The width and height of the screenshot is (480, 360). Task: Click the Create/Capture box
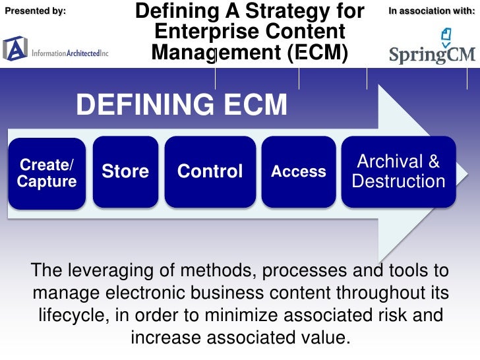point(47,173)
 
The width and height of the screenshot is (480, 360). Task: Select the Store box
point(125,171)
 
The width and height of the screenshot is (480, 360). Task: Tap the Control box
point(210,171)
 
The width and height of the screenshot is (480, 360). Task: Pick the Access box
point(299,171)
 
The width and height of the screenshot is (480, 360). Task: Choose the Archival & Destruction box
point(398,171)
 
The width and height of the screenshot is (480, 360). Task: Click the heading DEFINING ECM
point(182,105)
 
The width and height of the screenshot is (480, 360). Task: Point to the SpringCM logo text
point(431,54)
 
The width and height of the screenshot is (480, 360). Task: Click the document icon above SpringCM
point(446,34)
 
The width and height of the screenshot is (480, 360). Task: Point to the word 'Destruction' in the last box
point(398,181)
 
